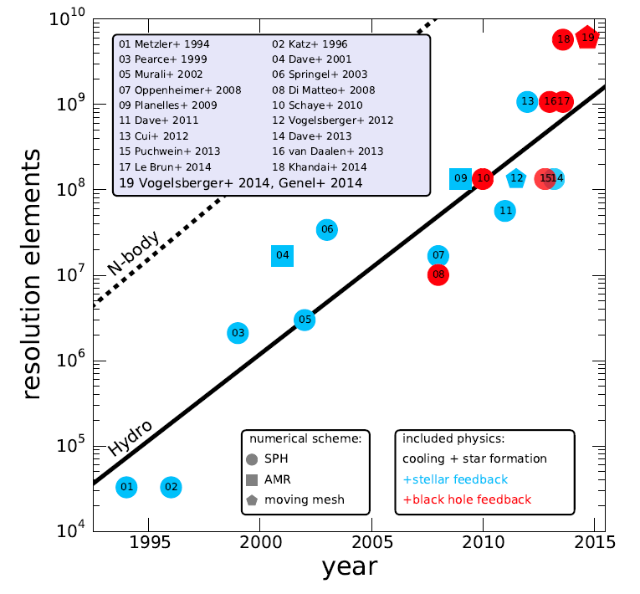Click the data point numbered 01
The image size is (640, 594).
[126, 487]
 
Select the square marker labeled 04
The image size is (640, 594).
[283, 255]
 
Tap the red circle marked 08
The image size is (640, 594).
[438, 274]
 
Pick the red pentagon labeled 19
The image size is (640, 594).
[587, 37]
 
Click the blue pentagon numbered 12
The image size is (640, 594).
[516, 178]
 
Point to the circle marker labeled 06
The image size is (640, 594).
[327, 229]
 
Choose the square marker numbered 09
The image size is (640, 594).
[461, 178]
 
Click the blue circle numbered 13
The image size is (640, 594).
[527, 102]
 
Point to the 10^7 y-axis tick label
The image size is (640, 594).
[68, 275]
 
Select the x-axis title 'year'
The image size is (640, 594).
[349, 568]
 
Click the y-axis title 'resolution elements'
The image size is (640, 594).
[32, 274]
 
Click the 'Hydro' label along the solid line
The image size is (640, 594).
[130, 438]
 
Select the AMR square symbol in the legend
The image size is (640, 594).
[253, 479]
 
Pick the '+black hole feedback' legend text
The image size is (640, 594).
[466, 499]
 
